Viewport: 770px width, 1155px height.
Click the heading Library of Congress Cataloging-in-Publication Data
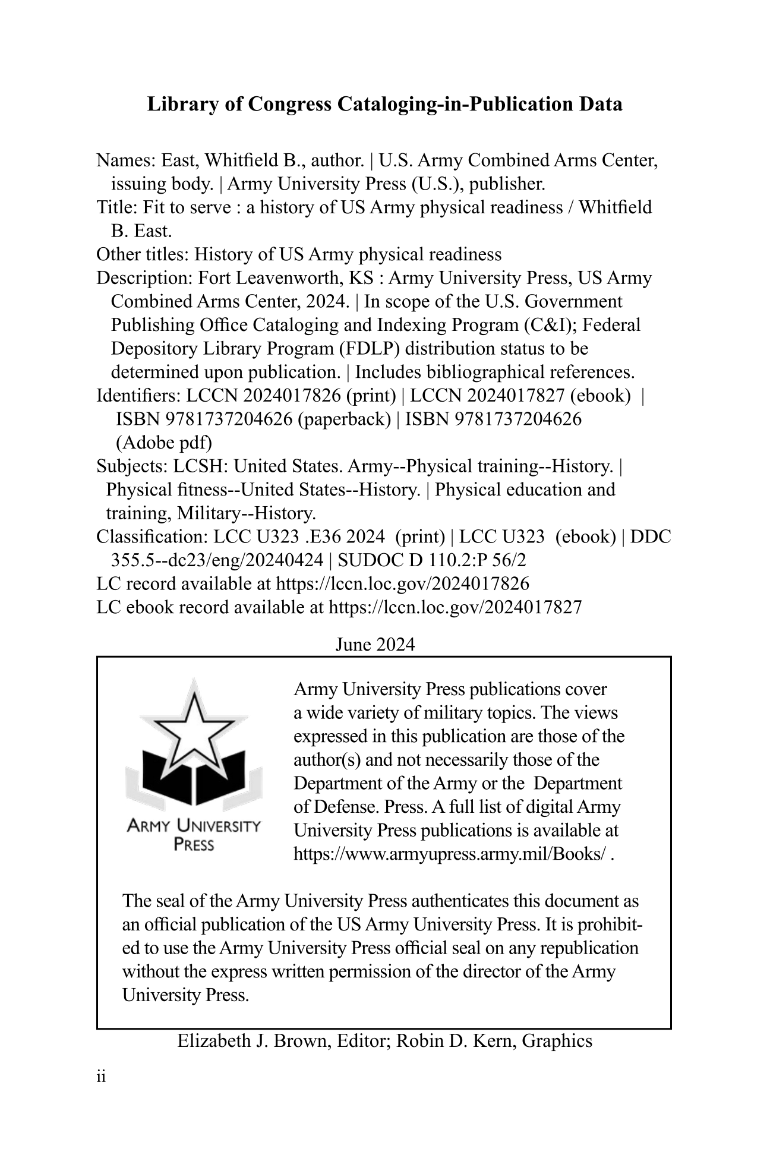click(x=384, y=105)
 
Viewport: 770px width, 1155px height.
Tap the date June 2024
click(x=375, y=645)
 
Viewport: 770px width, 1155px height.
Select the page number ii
click(x=100, y=1077)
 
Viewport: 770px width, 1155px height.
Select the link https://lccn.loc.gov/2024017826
click(x=402, y=584)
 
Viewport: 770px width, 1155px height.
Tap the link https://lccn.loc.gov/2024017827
click(x=455, y=607)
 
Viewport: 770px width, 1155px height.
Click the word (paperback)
click(x=343, y=419)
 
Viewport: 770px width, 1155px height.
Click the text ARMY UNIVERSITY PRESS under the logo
click(x=194, y=835)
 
